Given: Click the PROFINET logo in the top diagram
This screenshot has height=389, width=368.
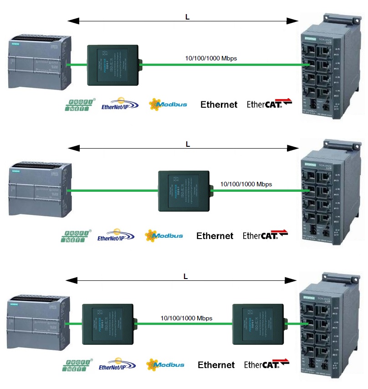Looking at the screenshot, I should (x=79, y=105).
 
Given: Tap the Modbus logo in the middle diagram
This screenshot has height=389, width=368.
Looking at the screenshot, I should (x=164, y=235).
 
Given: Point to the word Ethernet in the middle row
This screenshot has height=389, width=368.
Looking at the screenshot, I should (x=215, y=236).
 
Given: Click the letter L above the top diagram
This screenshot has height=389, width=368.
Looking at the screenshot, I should (x=187, y=17).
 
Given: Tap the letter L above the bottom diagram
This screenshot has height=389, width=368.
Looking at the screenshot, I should (x=185, y=276).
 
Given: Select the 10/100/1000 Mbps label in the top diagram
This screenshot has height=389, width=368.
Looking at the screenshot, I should (x=211, y=58).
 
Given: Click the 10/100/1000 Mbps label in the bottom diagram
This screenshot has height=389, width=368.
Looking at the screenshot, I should (x=186, y=318).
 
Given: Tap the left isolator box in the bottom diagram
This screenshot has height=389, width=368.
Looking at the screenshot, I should (x=107, y=324).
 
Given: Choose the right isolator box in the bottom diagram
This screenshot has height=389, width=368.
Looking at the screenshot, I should (x=257, y=324).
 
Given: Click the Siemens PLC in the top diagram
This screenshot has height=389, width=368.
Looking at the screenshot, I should (x=37, y=64).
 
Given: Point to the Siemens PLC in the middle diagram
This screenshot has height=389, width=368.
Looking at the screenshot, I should (x=37, y=191).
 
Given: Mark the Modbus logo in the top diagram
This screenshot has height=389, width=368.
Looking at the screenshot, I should (x=168, y=105).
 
